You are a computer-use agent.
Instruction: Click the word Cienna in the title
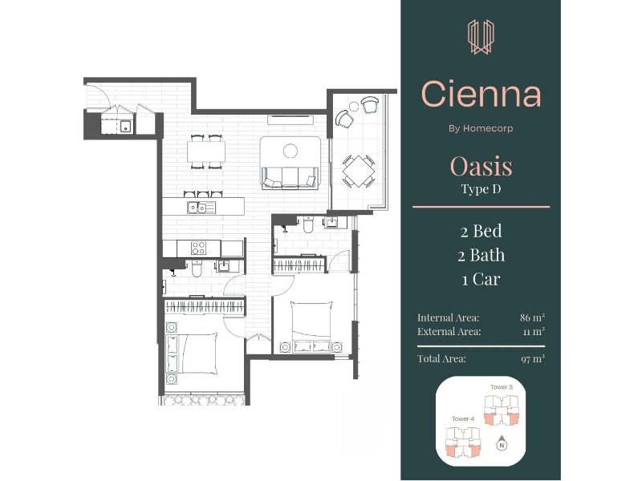click(481, 94)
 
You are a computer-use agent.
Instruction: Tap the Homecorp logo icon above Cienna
click(481, 37)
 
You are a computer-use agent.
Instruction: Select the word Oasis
click(481, 167)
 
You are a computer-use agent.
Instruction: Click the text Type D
click(481, 189)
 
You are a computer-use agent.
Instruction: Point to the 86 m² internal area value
click(532, 317)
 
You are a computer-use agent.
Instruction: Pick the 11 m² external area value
click(534, 331)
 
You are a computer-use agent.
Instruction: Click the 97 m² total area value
click(533, 358)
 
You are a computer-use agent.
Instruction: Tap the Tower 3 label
click(502, 386)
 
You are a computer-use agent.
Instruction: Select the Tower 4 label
click(463, 418)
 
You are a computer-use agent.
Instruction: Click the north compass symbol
click(502, 444)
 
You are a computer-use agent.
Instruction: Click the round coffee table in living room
click(291, 151)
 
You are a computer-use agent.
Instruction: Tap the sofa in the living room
click(291, 177)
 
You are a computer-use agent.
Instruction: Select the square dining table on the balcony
click(358, 171)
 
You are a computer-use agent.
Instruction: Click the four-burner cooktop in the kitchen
click(198, 248)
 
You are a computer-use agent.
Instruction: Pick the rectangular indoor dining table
click(206, 152)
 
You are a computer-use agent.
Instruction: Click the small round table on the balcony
click(354, 107)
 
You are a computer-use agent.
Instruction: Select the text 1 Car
click(481, 279)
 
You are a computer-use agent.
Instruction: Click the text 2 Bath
click(481, 255)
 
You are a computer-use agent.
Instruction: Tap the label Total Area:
click(441, 358)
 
